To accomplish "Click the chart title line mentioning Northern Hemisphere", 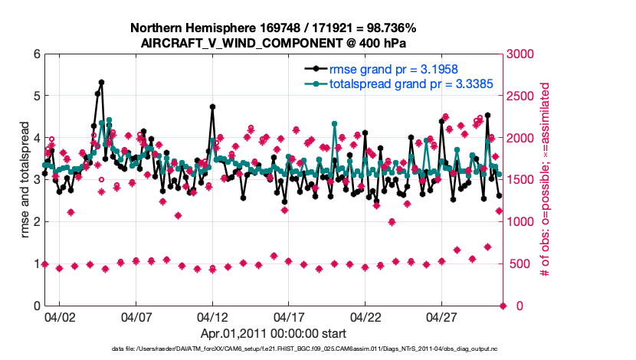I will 274,28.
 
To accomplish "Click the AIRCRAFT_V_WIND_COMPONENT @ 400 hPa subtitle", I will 274,43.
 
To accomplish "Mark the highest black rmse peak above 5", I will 101,82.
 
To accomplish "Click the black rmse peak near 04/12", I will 212,106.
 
